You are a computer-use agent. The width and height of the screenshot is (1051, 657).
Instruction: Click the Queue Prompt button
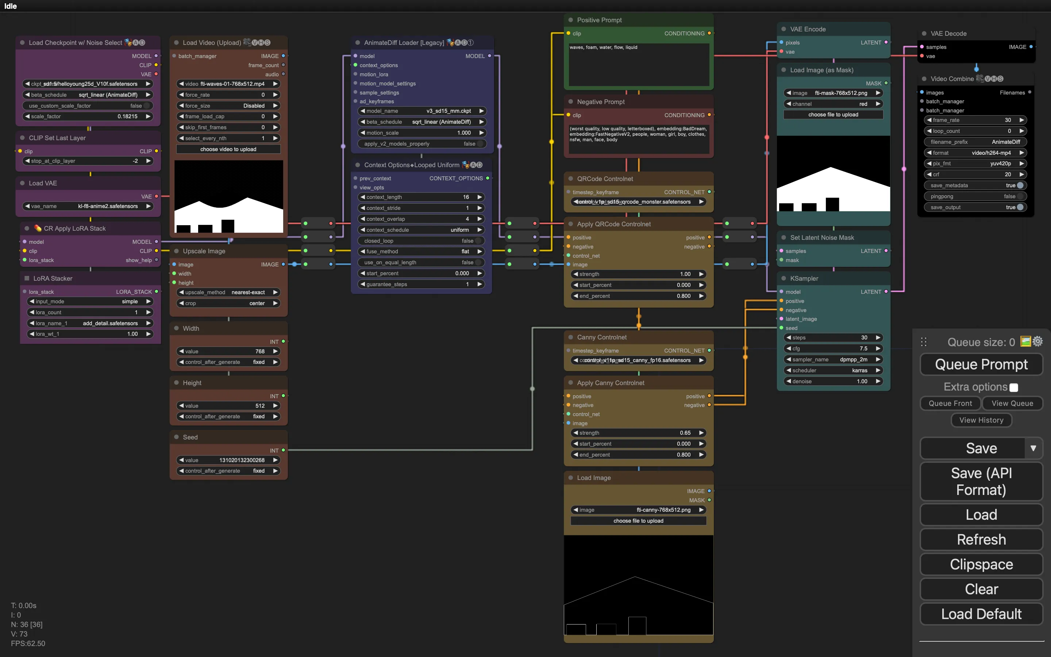click(x=981, y=364)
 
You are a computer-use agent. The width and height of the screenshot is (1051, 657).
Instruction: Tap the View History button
click(x=981, y=420)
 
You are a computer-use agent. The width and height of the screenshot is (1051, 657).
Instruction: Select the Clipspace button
click(x=981, y=564)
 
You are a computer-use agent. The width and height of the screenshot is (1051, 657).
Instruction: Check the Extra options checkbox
click(x=1014, y=387)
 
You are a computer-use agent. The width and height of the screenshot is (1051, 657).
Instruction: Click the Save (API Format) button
click(x=981, y=481)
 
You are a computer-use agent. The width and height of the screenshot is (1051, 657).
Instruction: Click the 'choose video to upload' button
click(x=228, y=149)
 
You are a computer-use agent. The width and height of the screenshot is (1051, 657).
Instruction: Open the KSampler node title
click(x=804, y=278)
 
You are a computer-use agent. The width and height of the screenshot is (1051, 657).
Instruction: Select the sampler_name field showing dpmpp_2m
click(x=833, y=360)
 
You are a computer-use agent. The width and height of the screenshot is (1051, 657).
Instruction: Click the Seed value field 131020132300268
click(x=228, y=460)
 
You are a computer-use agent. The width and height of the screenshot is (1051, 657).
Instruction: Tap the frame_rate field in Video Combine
click(x=975, y=120)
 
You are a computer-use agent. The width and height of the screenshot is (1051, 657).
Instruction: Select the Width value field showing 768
click(x=228, y=351)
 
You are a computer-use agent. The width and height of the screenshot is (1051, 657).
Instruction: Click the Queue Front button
click(x=950, y=403)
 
